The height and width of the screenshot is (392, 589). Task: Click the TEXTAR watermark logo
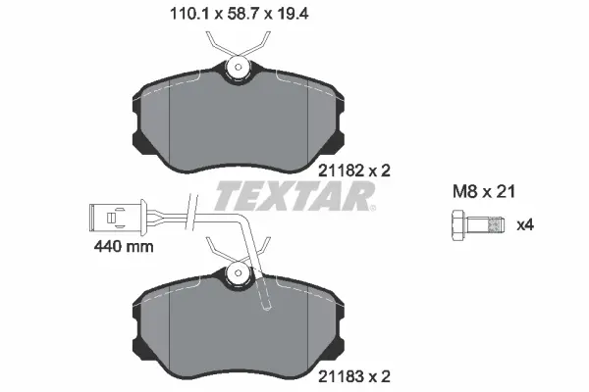click(x=294, y=195)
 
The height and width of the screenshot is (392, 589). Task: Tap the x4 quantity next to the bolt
click(x=526, y=225)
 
